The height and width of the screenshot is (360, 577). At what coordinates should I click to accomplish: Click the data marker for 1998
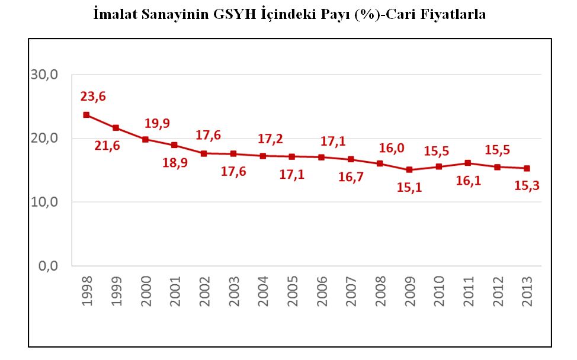pos(86,115)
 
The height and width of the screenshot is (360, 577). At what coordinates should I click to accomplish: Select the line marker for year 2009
pos(409,169)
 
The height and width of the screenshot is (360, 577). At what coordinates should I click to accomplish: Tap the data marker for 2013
pos(527,168)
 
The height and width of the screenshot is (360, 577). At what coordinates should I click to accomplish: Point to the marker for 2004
pos(262,156)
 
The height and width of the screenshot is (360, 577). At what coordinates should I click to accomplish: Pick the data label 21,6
pos(107,146)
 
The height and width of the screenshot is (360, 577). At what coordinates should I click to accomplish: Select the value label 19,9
pos(157,123)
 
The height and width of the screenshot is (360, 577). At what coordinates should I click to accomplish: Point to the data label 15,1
pos(408,188)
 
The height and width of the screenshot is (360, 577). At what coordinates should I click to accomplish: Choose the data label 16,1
pos(469,181)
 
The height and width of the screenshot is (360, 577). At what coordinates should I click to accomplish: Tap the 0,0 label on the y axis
pos(48,266)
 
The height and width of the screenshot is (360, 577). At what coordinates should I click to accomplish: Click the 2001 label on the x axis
pos(175,290)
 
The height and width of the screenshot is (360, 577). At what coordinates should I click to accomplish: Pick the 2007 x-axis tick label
pos(351,290)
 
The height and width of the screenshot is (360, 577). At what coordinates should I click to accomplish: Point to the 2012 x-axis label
pos(498,290)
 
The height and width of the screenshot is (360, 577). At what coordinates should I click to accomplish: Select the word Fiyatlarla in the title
pos(450,14)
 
